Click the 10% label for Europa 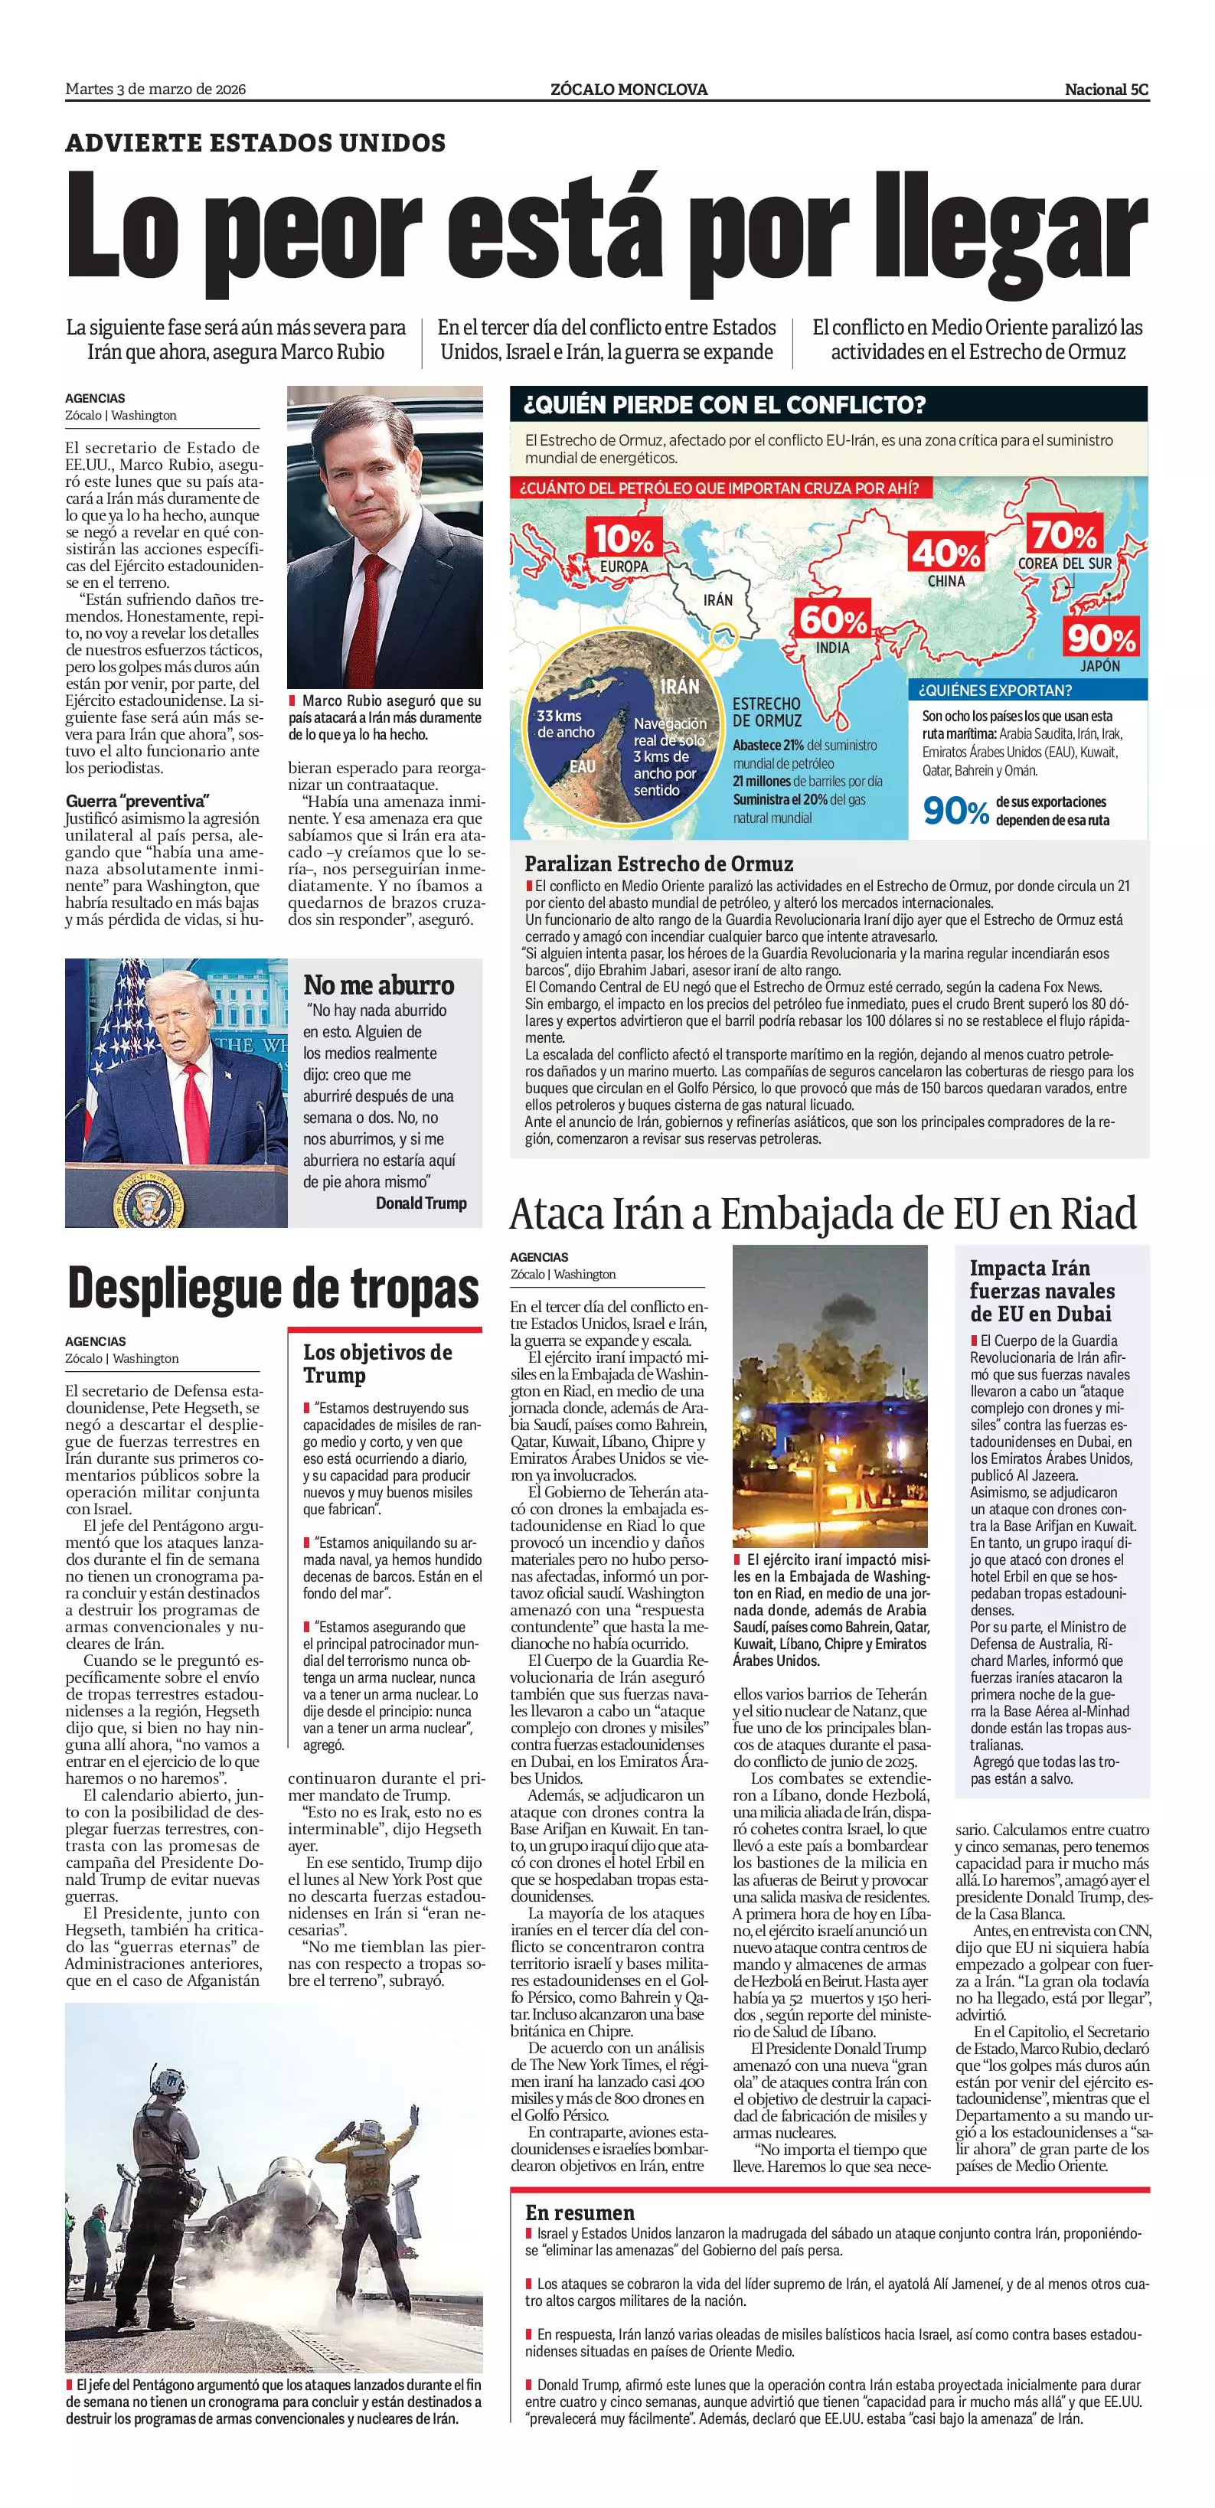(x=623, y=538)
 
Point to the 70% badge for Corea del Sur (x=1064, y=534)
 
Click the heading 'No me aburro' (x=379, y=985)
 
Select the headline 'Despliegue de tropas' (x=273, y=1289)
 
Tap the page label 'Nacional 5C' (x=1106, y=90)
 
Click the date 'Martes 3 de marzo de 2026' (x=155, y=90)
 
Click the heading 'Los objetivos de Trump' (x=377, y=1363)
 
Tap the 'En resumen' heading (x=580, y=2212)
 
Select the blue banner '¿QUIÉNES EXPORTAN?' (x=993, y=691)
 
